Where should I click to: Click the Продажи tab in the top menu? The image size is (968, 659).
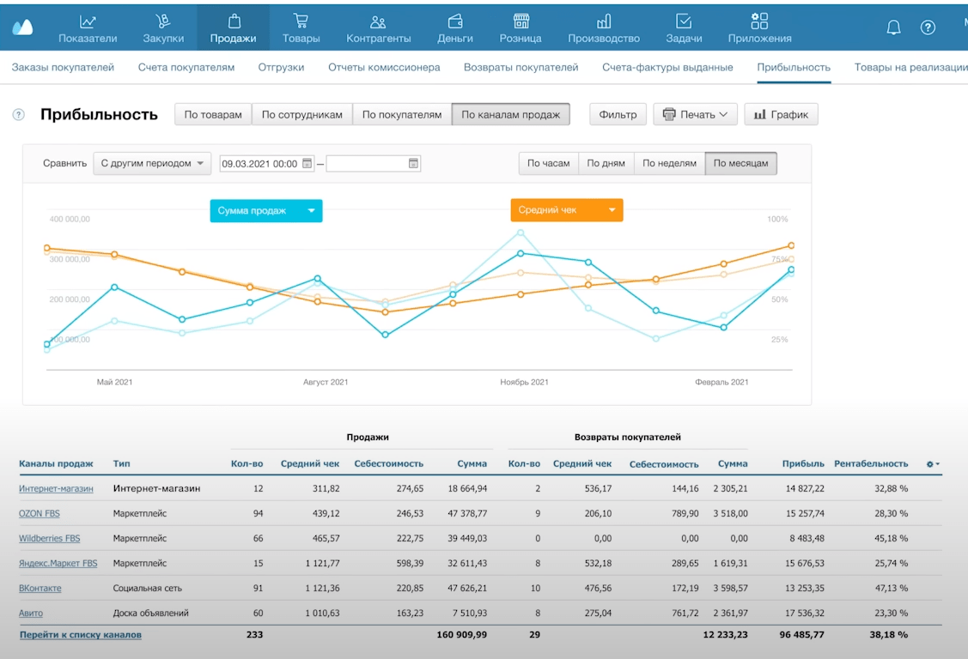(x=233, y=28)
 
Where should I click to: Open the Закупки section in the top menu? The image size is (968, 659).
(x=163, y=28)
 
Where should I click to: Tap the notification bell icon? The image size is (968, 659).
(x=893, y=27)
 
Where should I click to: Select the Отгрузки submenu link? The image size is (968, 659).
(x=281, y=67)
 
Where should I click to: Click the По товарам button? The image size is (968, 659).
(x=213, y=115)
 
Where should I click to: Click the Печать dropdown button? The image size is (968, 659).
(x=696, y=115)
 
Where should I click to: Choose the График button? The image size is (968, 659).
(x=781, y=115)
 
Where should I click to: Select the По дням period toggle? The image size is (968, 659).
(x=606, y=163)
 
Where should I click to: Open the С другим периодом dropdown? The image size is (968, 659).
(x=152, y=163)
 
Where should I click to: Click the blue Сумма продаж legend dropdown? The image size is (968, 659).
(x=266, y=210)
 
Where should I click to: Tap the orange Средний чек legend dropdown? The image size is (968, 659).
(x=567, y=210)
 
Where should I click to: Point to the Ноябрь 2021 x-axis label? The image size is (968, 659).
(x=524, y=382)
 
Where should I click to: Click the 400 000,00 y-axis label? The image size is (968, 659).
(x=70, y=219)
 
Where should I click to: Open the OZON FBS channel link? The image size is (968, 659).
(x=40, y=513)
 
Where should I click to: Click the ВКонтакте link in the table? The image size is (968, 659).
(x=40, y=589)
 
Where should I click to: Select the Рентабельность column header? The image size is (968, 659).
(x=871, y=463)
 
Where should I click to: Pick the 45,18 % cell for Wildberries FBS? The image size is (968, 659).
(x=891, y=539)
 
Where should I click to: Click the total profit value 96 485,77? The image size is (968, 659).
(x=803, y=635)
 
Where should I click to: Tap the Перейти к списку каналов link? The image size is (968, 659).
(x=81, y=635)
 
